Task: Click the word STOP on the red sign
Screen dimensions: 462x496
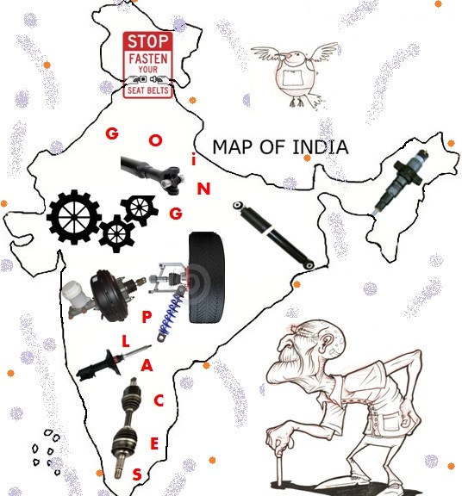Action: [x=148, y=41]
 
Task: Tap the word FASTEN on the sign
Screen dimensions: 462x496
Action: [x=148, y=59]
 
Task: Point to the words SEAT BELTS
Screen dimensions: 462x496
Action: [x=148, y=90]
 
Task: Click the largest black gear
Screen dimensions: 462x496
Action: [x=74, y=217]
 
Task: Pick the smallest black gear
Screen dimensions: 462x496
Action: [x=116, y=234]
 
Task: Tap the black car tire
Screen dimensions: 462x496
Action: [x=206, y=278]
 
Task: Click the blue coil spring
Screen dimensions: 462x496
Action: [x=170, y=317]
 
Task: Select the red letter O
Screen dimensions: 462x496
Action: [x=155, y=140]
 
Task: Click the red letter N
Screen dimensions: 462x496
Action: [x=203, y=189]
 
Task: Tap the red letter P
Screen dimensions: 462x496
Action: [x=147, y=317]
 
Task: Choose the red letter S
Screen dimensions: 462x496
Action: [x=137, y=474]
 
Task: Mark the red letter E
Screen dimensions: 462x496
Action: [x=154, y=444]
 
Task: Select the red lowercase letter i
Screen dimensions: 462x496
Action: [x=194, y=160]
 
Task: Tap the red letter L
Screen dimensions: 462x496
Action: [x=126, y=342]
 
